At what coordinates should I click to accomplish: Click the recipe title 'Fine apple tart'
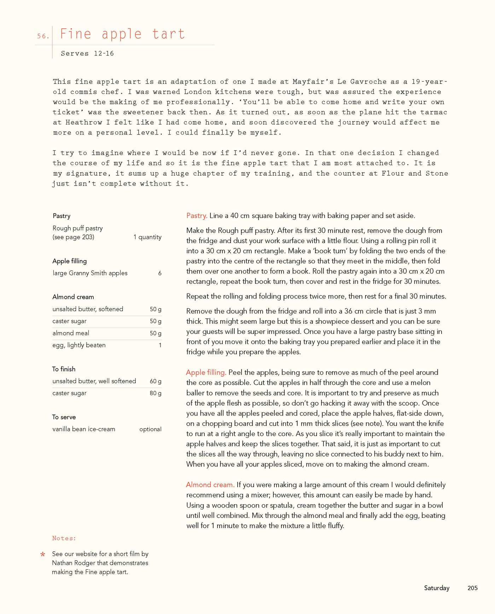[x=122, y=34]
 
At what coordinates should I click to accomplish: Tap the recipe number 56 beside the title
[x=42, y=36]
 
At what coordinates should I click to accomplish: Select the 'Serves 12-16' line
[x=87, y=53]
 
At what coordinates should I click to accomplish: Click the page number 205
[x=472, y=588]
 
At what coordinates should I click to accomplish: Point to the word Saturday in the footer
[x=437, y=588]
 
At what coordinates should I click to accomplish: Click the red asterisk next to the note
[x=43, y=554]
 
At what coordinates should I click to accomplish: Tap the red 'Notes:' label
[x=64, y=538]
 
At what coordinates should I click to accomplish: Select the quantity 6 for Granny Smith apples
[x=160, y=273]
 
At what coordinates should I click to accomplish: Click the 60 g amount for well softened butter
[x=156, y=381]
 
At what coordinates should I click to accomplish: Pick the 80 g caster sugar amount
[x=156, y=393]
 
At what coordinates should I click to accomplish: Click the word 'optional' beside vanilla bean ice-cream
[x=150, y=429]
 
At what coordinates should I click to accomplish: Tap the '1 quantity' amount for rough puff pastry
[x=147, y=237]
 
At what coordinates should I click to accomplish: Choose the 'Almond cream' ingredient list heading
[x=73, y=297]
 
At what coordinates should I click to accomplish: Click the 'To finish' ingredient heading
[x=64, y=369]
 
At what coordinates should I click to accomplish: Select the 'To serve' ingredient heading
[x=64, y=417]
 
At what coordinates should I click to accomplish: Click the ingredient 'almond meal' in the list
[x=71, y=333]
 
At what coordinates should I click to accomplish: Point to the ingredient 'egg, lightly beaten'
[x=79, y=345]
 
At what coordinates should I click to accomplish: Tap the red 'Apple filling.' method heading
[x=206, y=372]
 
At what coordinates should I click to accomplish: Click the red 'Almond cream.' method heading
[x=210, y=485]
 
